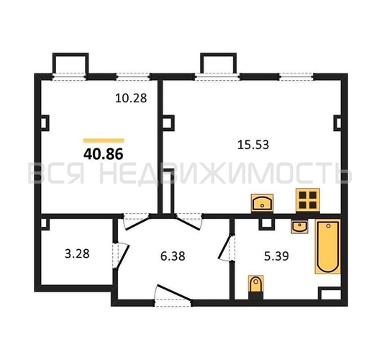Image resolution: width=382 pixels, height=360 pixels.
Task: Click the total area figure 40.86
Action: coord(104,154)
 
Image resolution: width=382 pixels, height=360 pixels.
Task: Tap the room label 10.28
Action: coord(131,98)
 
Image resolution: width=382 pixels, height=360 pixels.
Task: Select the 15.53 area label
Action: coord(253,145)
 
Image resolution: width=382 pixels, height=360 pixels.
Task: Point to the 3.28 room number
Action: coord(77,253)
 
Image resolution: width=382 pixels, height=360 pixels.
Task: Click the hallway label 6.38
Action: coord(173,256)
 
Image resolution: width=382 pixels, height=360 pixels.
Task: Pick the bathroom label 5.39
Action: coord(276,256)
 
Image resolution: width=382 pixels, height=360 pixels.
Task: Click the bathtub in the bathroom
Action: coord(327,246)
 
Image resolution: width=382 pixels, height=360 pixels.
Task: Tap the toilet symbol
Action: coord(256,287)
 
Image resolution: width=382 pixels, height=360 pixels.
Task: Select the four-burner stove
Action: coord(308,199)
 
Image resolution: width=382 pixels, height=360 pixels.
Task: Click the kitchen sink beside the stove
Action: coord(262,203)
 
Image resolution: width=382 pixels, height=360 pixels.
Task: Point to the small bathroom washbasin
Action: coord(300,226)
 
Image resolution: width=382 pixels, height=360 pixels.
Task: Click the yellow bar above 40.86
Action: coord(104,140)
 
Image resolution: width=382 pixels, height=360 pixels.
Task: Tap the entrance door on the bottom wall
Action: coord(173,295)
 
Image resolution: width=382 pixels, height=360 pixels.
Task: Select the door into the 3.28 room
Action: coord(121,256)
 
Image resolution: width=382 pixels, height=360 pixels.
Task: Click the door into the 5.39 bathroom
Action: coord(227,247)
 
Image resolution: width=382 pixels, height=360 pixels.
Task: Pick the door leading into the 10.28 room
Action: coord(137,222)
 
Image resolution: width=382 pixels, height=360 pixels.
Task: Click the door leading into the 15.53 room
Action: coord(188,222)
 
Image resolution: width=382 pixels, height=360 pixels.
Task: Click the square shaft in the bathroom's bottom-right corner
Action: coord(329,294)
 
